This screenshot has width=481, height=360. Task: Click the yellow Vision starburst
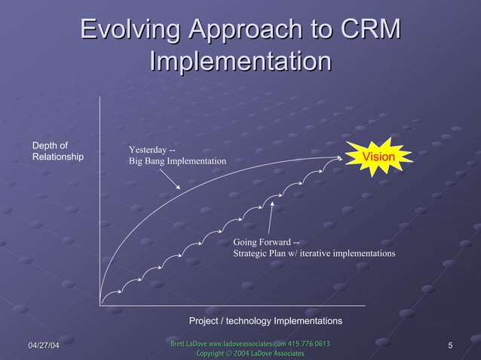378,157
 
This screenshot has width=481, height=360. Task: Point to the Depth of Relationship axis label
57,151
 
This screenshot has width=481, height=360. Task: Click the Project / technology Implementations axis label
265,321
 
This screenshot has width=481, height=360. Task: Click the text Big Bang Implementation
177,161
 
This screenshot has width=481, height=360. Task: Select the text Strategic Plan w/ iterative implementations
314,254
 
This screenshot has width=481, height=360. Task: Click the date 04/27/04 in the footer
44,346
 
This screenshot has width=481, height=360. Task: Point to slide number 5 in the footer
449,346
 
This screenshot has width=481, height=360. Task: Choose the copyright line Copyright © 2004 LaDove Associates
250,353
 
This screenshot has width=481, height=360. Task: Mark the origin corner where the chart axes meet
100,305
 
